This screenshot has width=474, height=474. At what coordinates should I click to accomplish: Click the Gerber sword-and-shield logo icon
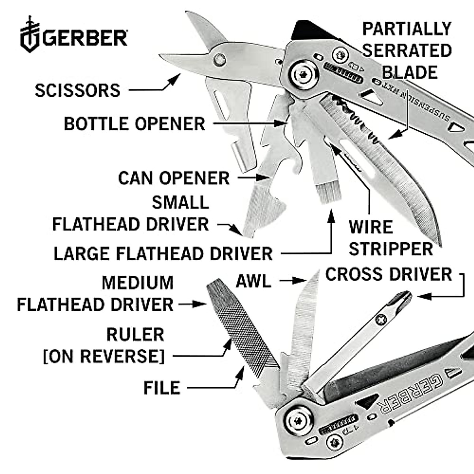tap(30, 35)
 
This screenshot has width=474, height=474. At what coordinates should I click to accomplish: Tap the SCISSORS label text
tap(77, 90)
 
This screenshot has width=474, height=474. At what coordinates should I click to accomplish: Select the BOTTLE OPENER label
tap(134, 124)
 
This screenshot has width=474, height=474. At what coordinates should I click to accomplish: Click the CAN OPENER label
tap(174, 178)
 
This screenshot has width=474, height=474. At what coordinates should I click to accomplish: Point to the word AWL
tap(254, 282)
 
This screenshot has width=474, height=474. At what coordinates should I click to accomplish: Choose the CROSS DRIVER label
tap(389, 275)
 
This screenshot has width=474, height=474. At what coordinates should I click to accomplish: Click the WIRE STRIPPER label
tap(390, 238)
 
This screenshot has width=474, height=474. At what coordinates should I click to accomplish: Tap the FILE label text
tap(162, 388)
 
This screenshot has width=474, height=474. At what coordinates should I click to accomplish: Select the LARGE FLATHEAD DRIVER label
tap(163, 254)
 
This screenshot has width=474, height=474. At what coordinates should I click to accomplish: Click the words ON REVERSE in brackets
tap(103, 356)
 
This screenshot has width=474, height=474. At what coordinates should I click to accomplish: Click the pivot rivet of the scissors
tap(219, 60)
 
